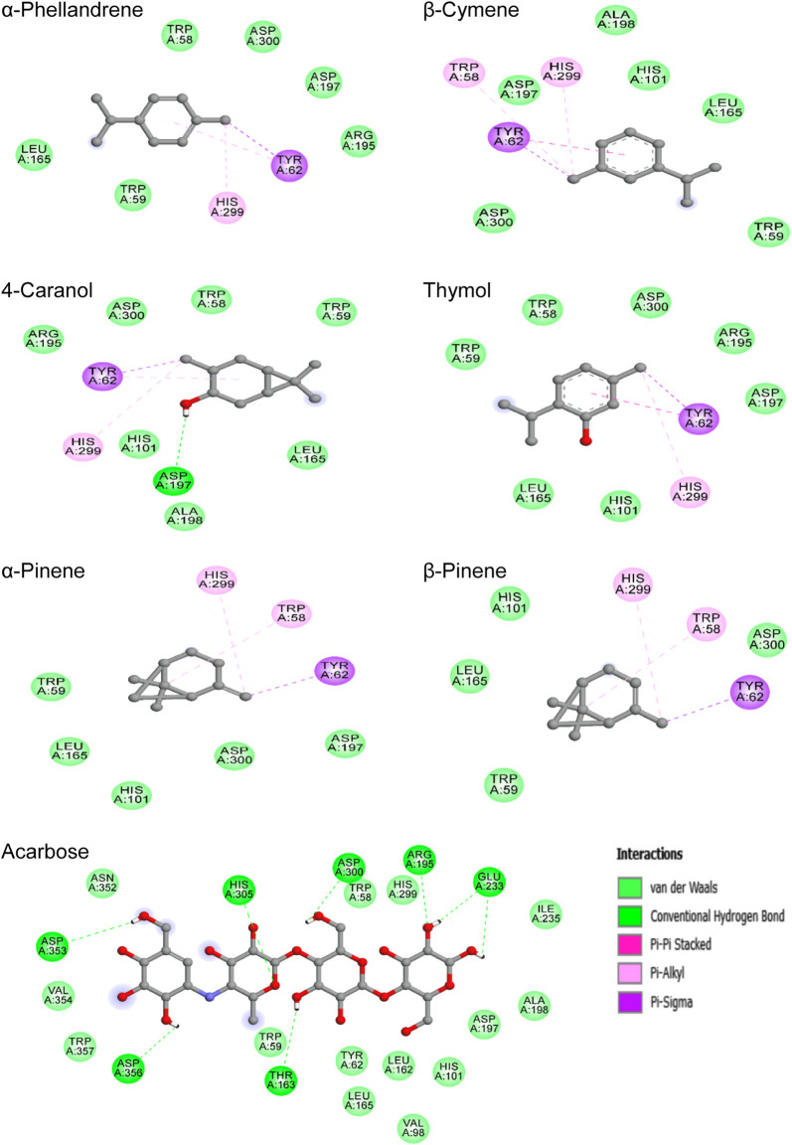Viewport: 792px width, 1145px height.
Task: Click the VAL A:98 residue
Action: tap(415, 1125)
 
